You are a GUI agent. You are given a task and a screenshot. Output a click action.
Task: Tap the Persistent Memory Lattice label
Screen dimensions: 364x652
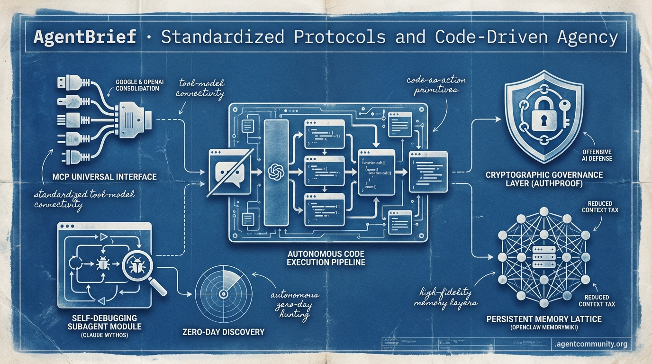pyautogui.click(x=544, y=319)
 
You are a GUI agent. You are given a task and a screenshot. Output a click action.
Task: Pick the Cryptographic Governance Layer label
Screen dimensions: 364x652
pyautogui.click(x=544, y=179)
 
